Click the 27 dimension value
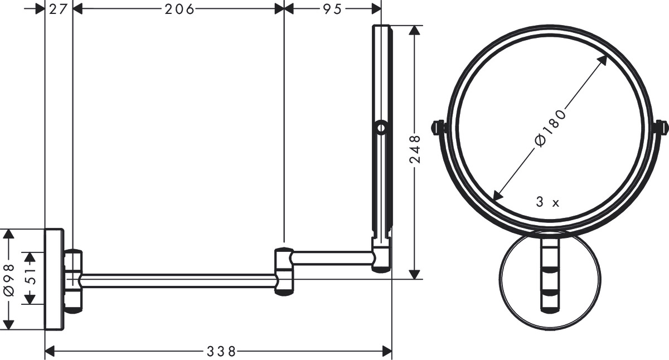coord(58,9)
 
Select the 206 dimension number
coord(180,9)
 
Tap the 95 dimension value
coord(332,9)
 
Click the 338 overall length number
coord(221,352)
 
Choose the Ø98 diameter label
coord(9,280)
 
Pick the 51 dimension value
coord(30,276)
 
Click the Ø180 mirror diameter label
coord(550,128)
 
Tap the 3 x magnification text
coord(547,202)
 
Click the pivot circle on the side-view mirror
coord(381,128)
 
